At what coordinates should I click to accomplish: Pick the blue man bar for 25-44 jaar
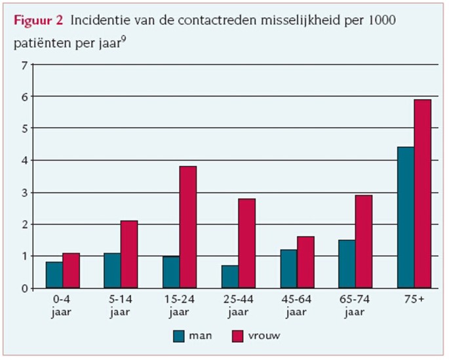pos(229,277)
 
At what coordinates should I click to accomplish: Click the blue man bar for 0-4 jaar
pos(54,275)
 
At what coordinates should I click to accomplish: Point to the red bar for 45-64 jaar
pos(305,262)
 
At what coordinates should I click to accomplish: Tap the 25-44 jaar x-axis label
pos(239,305)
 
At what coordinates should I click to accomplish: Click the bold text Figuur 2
pos(38,20)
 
